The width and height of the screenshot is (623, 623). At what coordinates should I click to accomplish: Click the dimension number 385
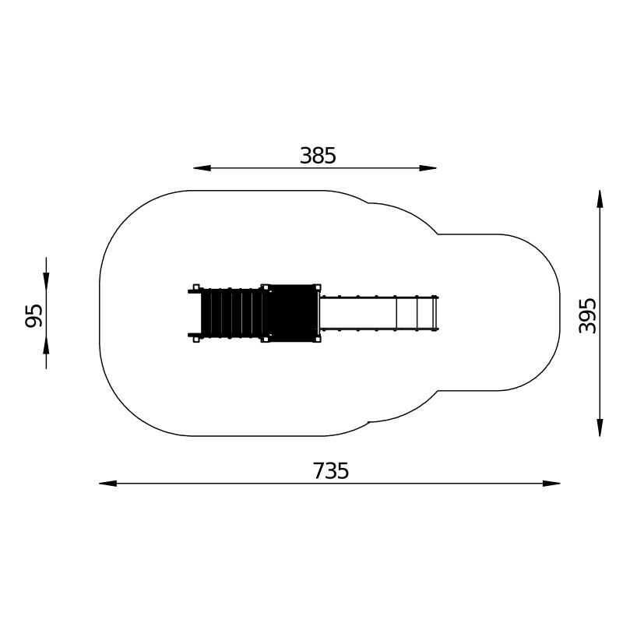click(318, 155)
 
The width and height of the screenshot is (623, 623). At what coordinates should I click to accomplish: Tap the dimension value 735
click(331, 471)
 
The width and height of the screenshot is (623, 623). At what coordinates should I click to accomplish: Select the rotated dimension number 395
click(588, 315)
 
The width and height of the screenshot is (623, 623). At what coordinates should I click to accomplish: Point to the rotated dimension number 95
click(33, 315)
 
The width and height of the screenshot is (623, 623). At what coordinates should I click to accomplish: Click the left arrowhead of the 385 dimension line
click(202, 168)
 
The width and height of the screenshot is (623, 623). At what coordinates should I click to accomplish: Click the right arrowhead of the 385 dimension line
click(428, 168)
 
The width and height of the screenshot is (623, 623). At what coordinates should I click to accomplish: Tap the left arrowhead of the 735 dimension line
click(107, 483)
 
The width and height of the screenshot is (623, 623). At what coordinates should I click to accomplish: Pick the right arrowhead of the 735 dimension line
click(551, 483)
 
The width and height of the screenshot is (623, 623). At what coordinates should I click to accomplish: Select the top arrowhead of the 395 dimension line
click(600, 199)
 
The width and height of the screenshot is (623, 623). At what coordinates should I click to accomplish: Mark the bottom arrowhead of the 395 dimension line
click(600, 428)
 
